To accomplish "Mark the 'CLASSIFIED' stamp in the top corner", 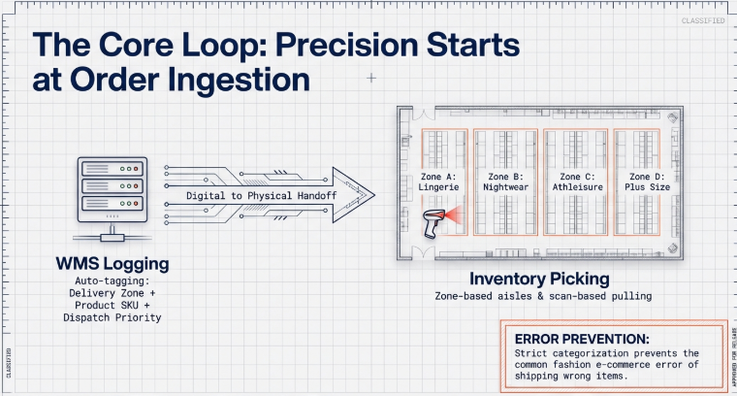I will (702, 19).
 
